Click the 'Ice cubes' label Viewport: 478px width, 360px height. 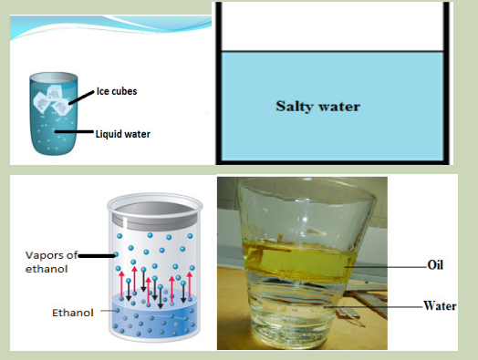(117, 91)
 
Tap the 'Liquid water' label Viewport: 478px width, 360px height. (123, 134)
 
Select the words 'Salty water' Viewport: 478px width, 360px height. (318, 107)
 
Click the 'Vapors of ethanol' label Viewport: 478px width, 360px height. (51, 262)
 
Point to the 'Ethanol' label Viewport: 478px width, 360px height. (73, 313)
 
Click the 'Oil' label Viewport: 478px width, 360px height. (435, 264)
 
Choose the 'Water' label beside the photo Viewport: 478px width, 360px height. (440, 305)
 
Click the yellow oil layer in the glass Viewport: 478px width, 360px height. (300, 261)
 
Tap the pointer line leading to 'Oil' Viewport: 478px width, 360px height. (386, 267)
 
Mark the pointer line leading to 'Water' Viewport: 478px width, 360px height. (373, 307)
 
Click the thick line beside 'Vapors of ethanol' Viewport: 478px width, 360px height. (97, 256)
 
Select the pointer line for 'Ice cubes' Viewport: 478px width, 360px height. (81, 98)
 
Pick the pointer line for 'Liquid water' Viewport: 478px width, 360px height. (74, 131)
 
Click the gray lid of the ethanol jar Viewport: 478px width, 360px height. (155, 215)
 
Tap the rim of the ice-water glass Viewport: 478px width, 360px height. (53, 77)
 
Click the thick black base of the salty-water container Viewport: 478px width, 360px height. (332, 162)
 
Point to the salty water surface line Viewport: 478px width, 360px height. (332, 51)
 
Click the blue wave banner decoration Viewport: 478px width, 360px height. (110, 26)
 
